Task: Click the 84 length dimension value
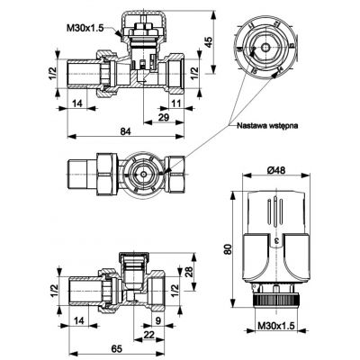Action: [126, 131]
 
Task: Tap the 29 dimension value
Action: [164, 117]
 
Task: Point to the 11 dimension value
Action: [176, 103]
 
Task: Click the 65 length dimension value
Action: [117, 349]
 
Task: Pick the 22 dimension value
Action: [148, 335]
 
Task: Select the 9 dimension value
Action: [158, 320]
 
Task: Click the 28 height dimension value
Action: [189, 273]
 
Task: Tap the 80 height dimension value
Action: [229, 249]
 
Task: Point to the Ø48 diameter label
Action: [276, 170]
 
